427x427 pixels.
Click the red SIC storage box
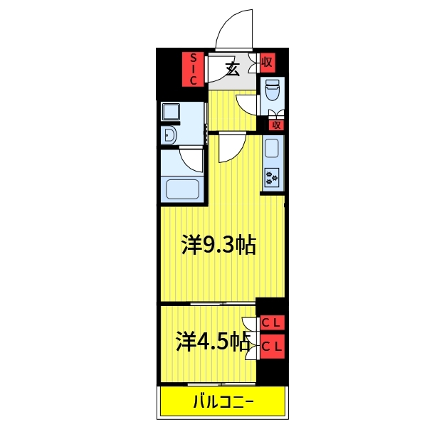[x=193, y=69]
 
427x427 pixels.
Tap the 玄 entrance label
[x=232, y=69]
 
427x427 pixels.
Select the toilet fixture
[x=273, y=90]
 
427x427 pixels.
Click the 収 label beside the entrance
[x=267, y=63]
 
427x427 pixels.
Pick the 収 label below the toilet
[x=276, y=125]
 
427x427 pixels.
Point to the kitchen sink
[x=272, y=148]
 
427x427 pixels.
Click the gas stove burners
[x=272, y=177]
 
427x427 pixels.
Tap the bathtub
[x=182, y=189]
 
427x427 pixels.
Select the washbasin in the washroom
[x=171, y=135]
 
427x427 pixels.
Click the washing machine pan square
[x=171, y=112]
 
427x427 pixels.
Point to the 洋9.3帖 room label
[x=219, y=245]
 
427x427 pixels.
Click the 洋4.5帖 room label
[x=213, y=341]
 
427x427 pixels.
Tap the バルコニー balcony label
[x=223, y=401]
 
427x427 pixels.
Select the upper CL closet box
[x=273, y=323]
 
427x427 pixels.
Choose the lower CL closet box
[x=273, y=347]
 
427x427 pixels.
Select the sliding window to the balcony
[x=221, y=384]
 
